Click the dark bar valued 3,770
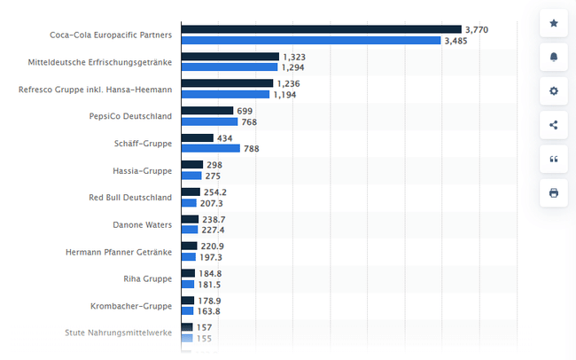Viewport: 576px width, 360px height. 321,29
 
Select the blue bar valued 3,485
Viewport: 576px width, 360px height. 310,41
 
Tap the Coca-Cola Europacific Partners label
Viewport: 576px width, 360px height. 111,35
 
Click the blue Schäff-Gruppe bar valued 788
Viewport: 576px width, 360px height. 210,149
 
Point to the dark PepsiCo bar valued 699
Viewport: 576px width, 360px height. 206,111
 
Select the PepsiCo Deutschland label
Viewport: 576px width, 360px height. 130,116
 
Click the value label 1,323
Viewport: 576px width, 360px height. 294,57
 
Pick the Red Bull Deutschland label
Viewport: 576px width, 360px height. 130,197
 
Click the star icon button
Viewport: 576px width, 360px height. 554,23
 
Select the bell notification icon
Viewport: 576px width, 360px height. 554,57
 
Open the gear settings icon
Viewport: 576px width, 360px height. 554,90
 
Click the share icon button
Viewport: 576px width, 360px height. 554,124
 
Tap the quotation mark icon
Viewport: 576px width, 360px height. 554,159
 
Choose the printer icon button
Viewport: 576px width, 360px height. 554,192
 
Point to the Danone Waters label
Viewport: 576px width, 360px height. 142,224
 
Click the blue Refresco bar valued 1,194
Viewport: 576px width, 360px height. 225,94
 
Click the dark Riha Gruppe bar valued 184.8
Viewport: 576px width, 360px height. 188,273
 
